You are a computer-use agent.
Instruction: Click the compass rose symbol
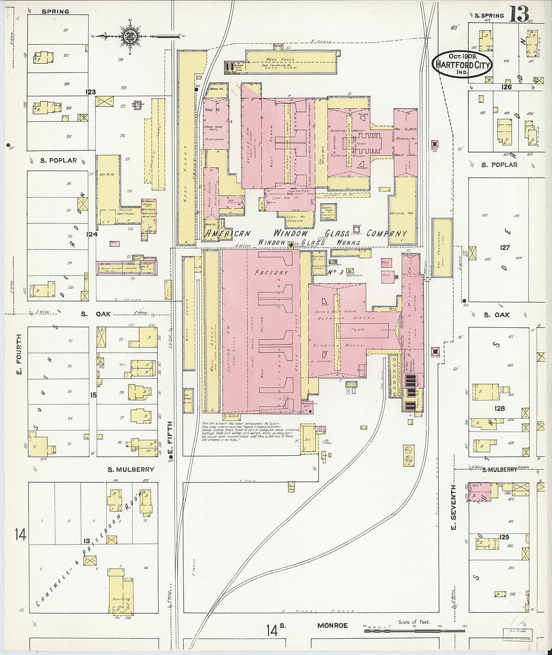tap(129, 36)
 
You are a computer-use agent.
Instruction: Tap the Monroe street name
tap(332, 625)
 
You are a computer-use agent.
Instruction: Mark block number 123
tap(91, 92)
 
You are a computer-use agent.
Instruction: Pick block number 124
tap(91, 234)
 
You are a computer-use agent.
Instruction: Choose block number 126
tap(506, 87)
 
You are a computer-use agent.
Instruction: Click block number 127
tap(504, 247)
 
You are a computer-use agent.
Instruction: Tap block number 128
tap(499, 408)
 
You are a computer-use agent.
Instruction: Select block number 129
tap(504, 537)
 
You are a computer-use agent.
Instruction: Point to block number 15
tap(93, 395)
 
